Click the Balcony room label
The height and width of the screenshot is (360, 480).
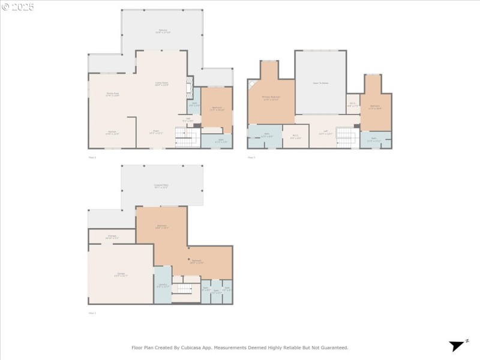point(162,30)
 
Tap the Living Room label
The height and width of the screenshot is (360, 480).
point(161,84)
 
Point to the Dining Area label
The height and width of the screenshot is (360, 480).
point(112,94)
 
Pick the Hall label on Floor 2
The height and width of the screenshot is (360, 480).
point(188,119)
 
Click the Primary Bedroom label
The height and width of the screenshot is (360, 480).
point(271,97)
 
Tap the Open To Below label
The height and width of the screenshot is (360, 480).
point(320,83)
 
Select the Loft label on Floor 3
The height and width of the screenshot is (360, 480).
point(325,133)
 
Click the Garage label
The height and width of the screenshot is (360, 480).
point(121,275)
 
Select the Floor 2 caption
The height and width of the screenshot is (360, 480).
point(92,157)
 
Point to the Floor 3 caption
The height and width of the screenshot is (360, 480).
point(251,157)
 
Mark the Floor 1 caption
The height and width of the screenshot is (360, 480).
point(92,313)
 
